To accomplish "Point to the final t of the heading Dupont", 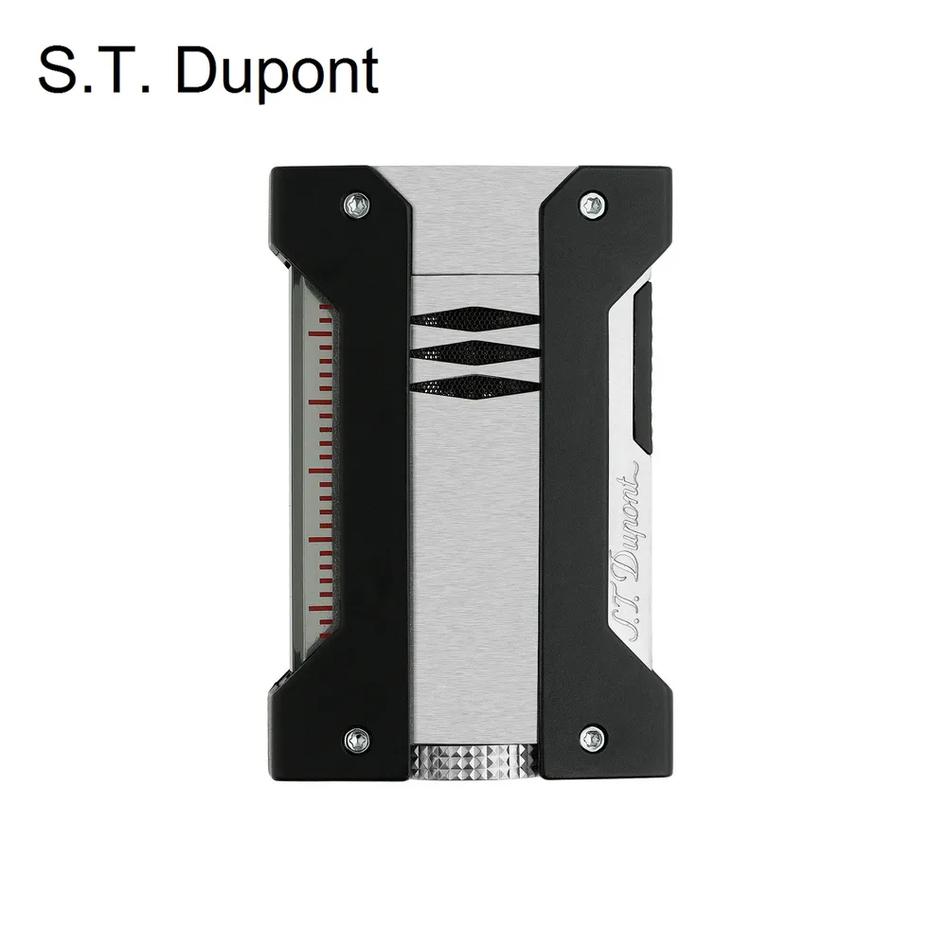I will [368, 72].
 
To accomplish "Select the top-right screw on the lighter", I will [592, 202].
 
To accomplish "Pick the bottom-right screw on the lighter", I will [592, 734].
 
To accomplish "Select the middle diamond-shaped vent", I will [473, 353].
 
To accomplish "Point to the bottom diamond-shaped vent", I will [473, 384].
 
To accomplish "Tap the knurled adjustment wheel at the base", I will [473, 759].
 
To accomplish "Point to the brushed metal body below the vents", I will [473, 568].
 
